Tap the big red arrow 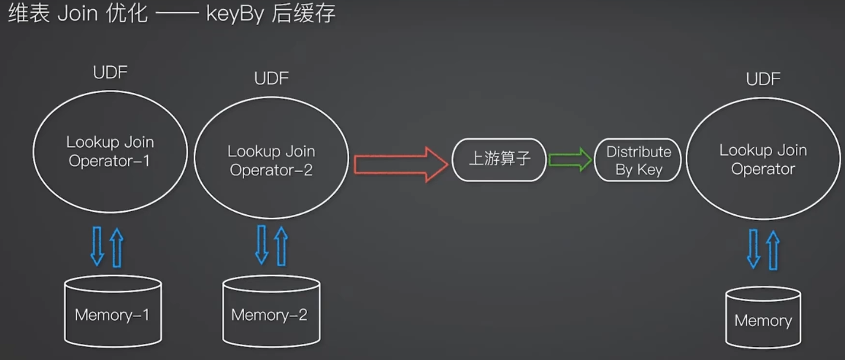[x=401, y=164]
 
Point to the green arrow [x=570, y=160]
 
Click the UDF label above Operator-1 [x=110, y=72]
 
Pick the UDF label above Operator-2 [x=272, y=78]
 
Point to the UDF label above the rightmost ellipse [x=763, y=79]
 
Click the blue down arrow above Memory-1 [x=97, y=246]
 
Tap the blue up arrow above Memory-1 [x=117, y=248]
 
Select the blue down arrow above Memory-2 [x=262, y=244]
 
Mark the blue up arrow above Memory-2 [x=281, y=246]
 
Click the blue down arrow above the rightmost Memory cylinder [x=754, y=249]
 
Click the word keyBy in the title [x=235, y=14]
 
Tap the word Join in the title [x=78, y=13]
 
